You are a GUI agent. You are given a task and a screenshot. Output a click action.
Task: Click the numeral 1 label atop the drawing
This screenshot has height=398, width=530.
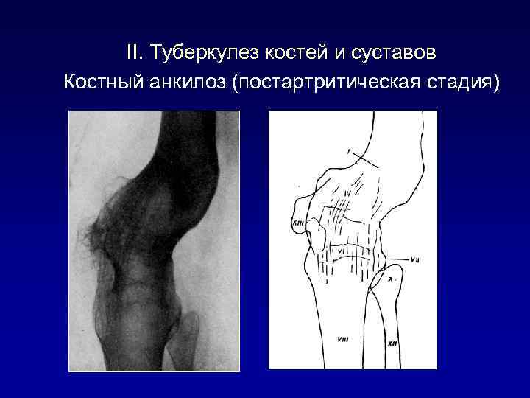(x=349, y=152)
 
